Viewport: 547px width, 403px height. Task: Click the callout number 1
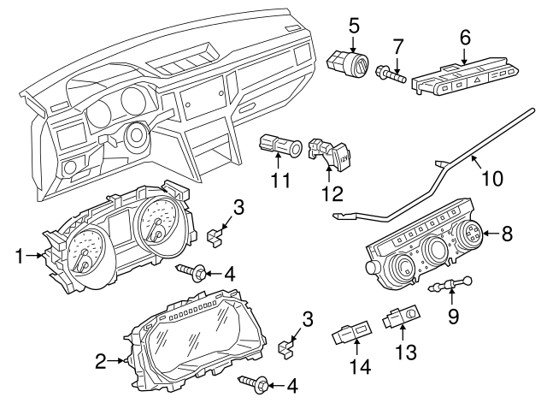click(18, 254)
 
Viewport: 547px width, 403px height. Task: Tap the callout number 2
click(101, 362)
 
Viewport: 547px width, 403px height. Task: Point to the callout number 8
click(507, 232)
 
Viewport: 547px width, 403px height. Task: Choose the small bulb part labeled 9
click(455, 285)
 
